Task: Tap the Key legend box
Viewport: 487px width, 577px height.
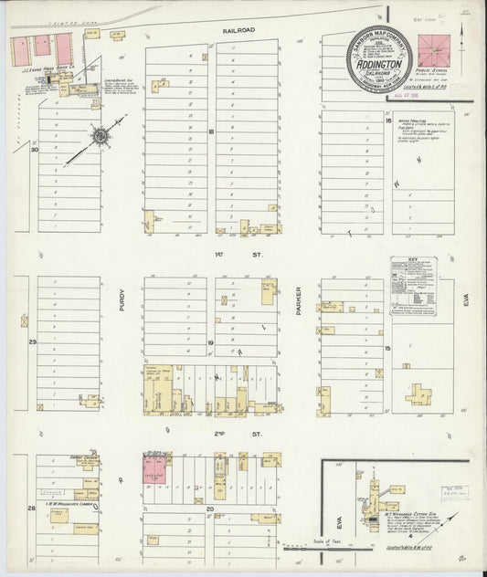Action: click(414, 287)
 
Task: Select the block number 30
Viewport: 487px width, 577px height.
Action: click(35, 151)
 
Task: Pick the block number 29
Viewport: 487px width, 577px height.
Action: click(31, 341)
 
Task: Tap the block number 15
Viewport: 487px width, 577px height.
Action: click(387, 348)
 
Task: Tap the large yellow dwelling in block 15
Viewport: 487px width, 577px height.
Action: click(419, 393)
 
